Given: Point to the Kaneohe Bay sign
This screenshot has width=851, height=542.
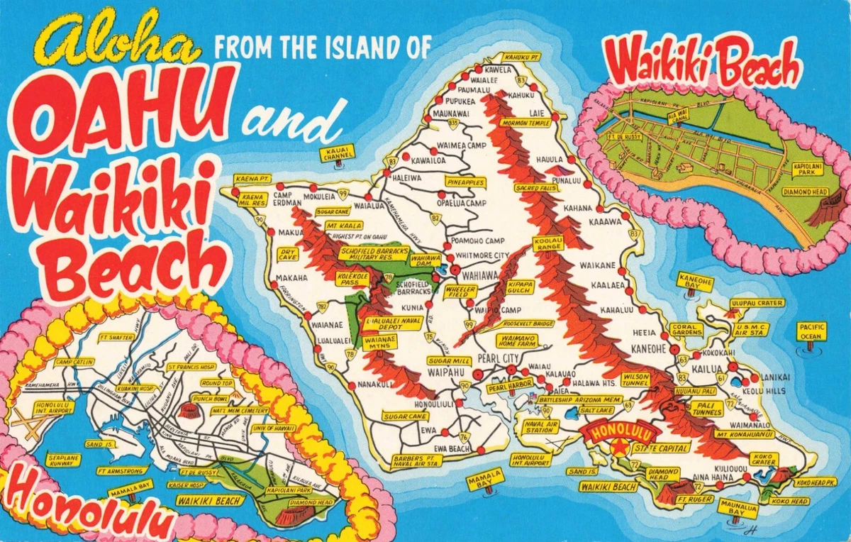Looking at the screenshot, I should (695, 282).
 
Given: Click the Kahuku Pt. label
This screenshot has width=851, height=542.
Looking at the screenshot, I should (523, 56).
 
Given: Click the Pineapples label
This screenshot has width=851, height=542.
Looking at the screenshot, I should (466, 182).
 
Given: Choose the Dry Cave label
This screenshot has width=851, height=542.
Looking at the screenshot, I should (288, 254).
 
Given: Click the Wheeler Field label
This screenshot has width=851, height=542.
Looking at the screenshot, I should (460, 291).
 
